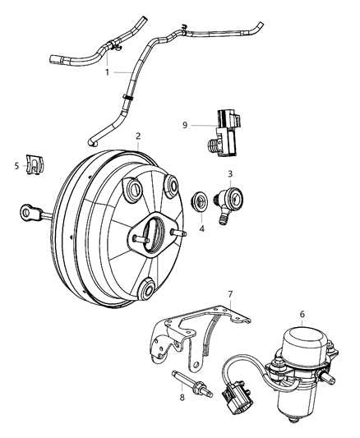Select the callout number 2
139,136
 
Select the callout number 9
186,125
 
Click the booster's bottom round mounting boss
148,288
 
